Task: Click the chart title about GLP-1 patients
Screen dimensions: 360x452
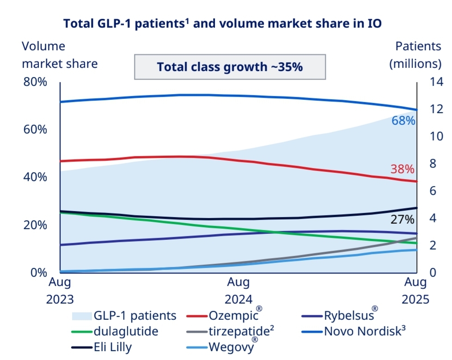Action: [222, 23]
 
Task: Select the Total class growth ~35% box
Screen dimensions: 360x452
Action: [230, 67]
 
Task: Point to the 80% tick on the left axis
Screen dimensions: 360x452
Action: [35, 82]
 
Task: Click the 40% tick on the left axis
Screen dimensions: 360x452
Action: [35, 177]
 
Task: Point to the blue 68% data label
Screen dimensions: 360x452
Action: [403, 121]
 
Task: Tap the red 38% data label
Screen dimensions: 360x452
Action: [402, 169]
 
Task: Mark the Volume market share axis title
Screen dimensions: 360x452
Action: [60, 55]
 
